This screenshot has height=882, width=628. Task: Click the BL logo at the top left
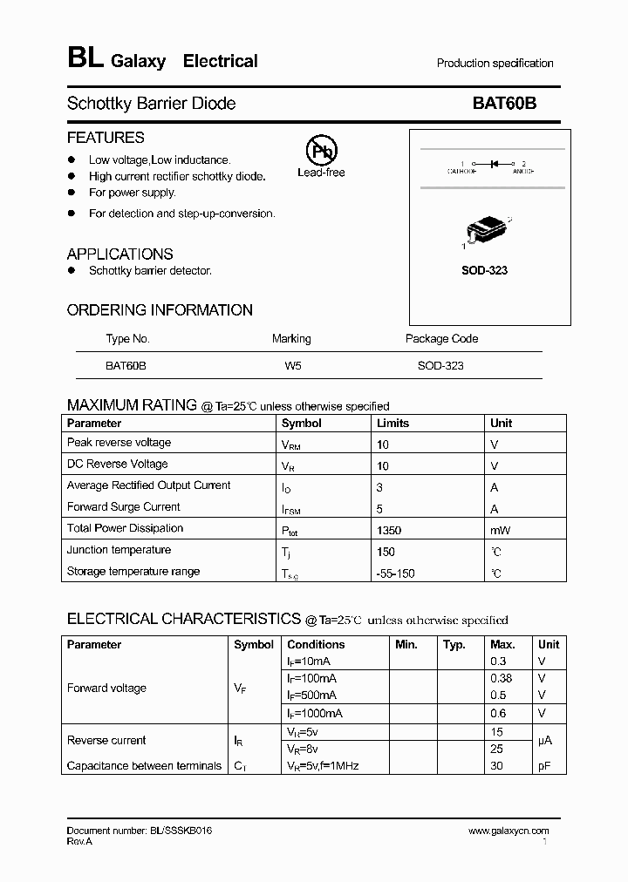pos(85,58)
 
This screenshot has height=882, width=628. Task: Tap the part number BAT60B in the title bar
pos(504,103)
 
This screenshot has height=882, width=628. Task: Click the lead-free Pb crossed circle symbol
pos(320,149)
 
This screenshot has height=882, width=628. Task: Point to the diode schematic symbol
pos(493,163)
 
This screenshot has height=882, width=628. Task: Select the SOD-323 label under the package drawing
pos(484,270)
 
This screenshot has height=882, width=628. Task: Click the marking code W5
pos(292,366)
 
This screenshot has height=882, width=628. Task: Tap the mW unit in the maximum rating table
pos(500,529)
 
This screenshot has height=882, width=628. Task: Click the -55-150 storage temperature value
pos(396,573)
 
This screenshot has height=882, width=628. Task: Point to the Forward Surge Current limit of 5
pos(379,508)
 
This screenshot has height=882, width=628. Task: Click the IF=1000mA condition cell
pos(315,713)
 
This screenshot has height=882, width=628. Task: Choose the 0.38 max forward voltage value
pos(502,678)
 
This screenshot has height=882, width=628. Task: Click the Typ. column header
pos(454,645)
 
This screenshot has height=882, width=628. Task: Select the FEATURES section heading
pos(106,138)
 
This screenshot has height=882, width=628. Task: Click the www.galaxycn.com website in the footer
pos(509,831)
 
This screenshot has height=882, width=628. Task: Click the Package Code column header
pos(441,339)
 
